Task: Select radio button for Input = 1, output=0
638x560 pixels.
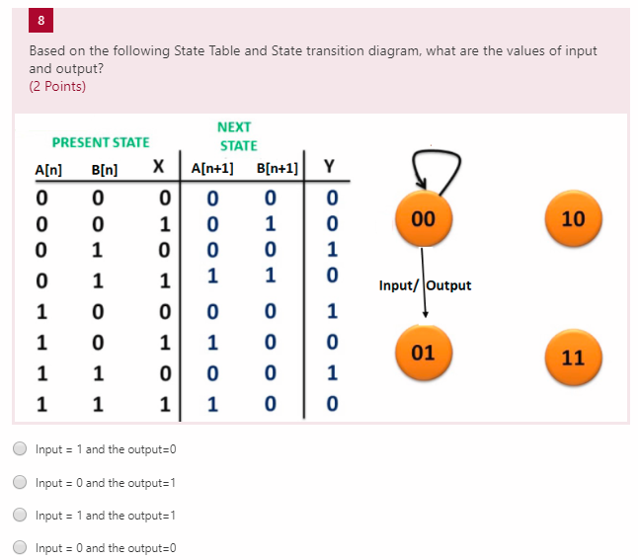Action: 20,449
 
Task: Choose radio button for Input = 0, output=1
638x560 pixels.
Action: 20,482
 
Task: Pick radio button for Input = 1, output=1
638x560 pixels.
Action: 20,515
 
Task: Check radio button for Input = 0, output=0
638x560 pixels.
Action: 20,548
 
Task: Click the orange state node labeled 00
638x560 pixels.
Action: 423,217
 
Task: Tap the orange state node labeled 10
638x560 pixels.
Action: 573,218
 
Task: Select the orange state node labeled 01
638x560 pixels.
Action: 423,352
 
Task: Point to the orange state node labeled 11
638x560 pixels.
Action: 573,357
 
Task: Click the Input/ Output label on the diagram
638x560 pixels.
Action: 425,285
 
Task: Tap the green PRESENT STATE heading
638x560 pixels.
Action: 101,142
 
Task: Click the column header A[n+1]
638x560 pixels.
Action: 212,167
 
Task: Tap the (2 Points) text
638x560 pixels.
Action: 57,86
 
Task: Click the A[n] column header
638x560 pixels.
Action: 47,169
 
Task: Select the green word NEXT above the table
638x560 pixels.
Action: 234,126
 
